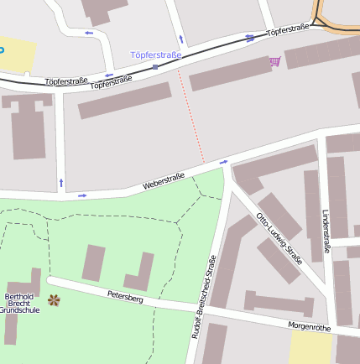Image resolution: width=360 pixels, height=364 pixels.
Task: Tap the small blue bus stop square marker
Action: pyautogui.click(x=155, y=66)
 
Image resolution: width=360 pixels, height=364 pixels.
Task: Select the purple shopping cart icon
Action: pyautogui.click(x=274, y=61)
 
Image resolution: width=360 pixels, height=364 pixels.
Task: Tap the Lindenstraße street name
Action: pyautogui.click(x=326, y=231)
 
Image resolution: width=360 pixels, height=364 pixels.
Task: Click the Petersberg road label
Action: pyautogui.click(x=125, y=296)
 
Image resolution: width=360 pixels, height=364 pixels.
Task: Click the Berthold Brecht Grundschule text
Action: pyautogui.click(x=18, y=303)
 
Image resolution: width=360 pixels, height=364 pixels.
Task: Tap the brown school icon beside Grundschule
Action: pyautogui.click(x=54, y=299)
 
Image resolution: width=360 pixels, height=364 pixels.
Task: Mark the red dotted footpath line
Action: pyautogui.click(x=191, y=117)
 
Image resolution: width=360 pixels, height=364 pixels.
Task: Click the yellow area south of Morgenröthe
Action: pyautogui.click(x=310, y=349)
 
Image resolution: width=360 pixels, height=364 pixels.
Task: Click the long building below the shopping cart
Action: pyautogui.click(x=231, y=74)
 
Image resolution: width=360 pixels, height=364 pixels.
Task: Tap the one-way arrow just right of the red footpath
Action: pyautogui.click(x=223, y=162)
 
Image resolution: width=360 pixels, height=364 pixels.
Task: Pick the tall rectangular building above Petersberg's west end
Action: pyautogui.click(x=93, y=263)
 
